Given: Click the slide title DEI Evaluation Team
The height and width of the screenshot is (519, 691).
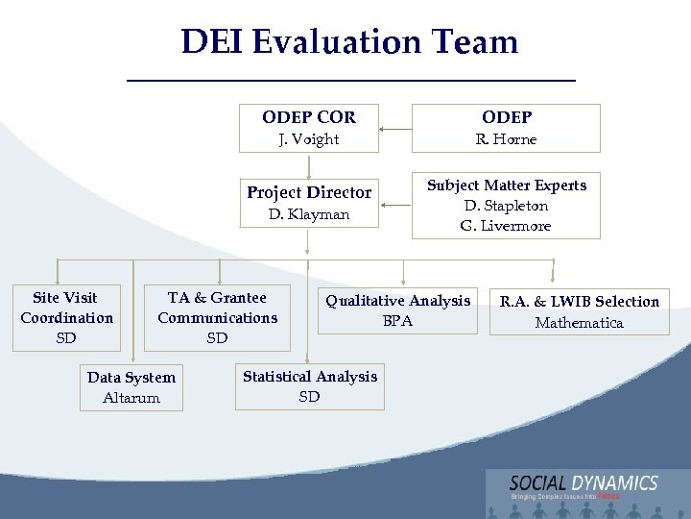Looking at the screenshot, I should (349, 41).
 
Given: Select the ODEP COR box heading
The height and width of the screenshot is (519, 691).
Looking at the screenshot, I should (308, 117).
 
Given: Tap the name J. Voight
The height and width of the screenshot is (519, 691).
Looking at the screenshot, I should (308, 139).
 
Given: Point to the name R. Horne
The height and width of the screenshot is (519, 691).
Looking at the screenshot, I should (506, 139).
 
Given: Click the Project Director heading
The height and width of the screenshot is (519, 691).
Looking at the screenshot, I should (308, 192).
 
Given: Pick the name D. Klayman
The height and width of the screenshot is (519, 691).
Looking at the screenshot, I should (308, 214).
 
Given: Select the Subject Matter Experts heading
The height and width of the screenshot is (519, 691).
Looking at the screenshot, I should (506, 185).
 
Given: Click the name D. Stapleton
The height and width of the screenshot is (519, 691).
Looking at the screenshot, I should (506, 206).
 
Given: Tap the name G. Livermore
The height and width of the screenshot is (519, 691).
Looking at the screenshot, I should (506, 226).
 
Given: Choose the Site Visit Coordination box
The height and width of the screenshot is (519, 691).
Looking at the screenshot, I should (66, 317).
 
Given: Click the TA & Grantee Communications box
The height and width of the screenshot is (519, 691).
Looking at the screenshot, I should (217, 317).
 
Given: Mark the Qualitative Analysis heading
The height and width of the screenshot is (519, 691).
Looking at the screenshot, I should (397, 301).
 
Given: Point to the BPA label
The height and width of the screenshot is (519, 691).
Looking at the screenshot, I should (397, 321).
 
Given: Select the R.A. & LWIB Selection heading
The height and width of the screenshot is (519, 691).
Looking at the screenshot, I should (579, 302).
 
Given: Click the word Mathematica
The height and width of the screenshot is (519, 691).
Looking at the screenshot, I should (579, 323).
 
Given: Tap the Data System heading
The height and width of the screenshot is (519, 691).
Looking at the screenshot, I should (131, 378).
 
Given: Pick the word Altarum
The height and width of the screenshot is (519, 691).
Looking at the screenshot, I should (131, 398).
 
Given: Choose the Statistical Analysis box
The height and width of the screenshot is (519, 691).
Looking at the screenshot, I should (309, 386).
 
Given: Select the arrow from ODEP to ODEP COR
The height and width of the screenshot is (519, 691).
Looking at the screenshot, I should (393, 128).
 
